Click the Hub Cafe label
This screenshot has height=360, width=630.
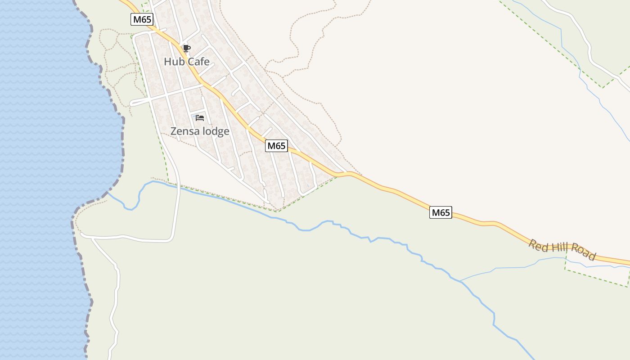[187, 62]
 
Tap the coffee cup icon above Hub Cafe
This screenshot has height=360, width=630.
[186, 49]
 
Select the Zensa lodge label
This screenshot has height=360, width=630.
[200, 131]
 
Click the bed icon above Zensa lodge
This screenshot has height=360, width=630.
[200, 118]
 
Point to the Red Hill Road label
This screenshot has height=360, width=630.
[562, 250]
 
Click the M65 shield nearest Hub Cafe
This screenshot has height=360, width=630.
[142, 19]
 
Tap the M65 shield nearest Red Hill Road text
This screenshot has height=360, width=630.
[441, 212]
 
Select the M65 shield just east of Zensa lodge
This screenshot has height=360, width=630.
[276, 146]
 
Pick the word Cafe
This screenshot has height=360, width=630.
[198, 62]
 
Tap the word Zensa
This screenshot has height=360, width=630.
[185, 131]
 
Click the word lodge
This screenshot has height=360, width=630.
[216, 131]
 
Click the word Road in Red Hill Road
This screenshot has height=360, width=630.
[583, 254]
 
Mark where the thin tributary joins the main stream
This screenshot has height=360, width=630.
[459, 281]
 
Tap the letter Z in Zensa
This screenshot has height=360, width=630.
[174, 131]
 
